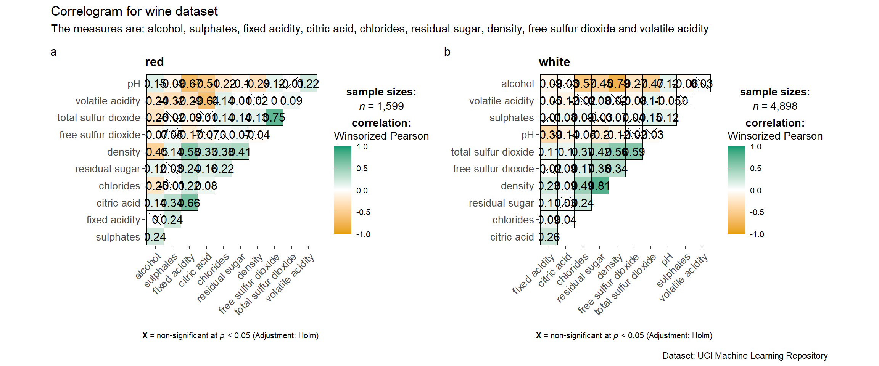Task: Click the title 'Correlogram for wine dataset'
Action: point(134,11)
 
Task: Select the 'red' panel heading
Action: point(155,62)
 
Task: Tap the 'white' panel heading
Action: point(554,62)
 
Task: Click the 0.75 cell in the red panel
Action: point(275,118)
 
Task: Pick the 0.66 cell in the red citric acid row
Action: point(190,203)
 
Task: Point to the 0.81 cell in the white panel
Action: point(600,186)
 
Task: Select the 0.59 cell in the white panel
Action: point(634,152)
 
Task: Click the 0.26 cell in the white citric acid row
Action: point(549,237)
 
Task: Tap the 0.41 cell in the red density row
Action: point(240,152)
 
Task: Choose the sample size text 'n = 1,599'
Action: point(381,106)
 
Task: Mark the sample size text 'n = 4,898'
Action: point(775,106)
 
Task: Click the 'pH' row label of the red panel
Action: point(134,84)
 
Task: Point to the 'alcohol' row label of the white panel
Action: point(517,84)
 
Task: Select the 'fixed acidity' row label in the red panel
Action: point(113,220)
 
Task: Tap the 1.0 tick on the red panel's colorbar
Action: point(362,147)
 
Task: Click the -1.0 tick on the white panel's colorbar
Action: point(757,234)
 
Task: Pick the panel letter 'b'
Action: point(447,52)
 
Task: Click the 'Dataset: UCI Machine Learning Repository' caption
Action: point(745,356)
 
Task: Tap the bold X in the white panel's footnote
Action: point(539,335)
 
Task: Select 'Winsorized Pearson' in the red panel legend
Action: point(381,136)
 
